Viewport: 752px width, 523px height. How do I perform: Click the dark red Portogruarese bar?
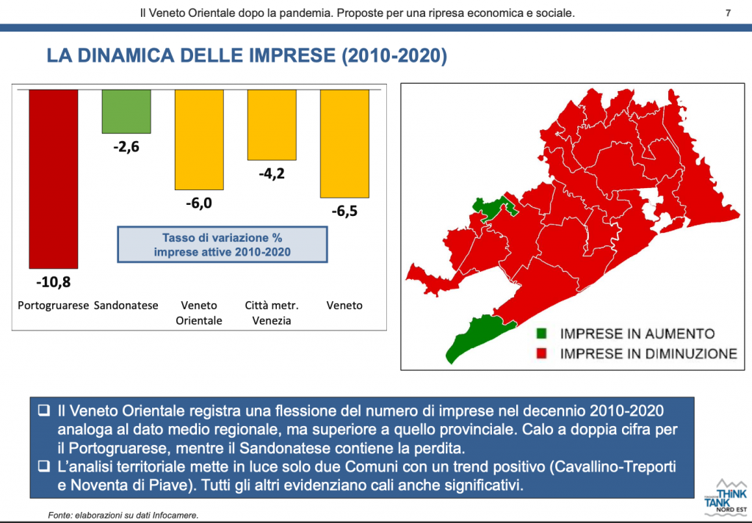pos(53,179)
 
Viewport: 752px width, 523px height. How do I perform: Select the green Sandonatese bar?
pos(126,112)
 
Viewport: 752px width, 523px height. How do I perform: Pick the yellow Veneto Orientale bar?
pos(199,140)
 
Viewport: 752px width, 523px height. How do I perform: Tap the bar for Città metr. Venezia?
pos(272,125)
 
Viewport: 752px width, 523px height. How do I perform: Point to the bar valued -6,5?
pos(345,143)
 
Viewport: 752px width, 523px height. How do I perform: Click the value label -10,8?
pos(53,282)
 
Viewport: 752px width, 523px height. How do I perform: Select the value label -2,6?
pos(126,146)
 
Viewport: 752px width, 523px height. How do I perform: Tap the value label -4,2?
pos(272,173)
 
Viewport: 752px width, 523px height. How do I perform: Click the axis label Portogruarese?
pos(53,306)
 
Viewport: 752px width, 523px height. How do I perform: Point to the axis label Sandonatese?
pos(126,306)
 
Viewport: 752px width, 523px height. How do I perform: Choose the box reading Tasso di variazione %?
pos(223,245)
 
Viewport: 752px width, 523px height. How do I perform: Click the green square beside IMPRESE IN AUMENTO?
pos(541,333)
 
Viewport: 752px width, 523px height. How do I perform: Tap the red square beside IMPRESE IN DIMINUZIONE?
pos(541,353)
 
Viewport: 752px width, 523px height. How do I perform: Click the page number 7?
pos(728,13)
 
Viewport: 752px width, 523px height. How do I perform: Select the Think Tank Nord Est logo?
pos(726,497)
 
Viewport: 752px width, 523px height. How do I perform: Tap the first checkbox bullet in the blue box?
pos(44,410)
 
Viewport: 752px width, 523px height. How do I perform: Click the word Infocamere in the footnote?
pos(175,516)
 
